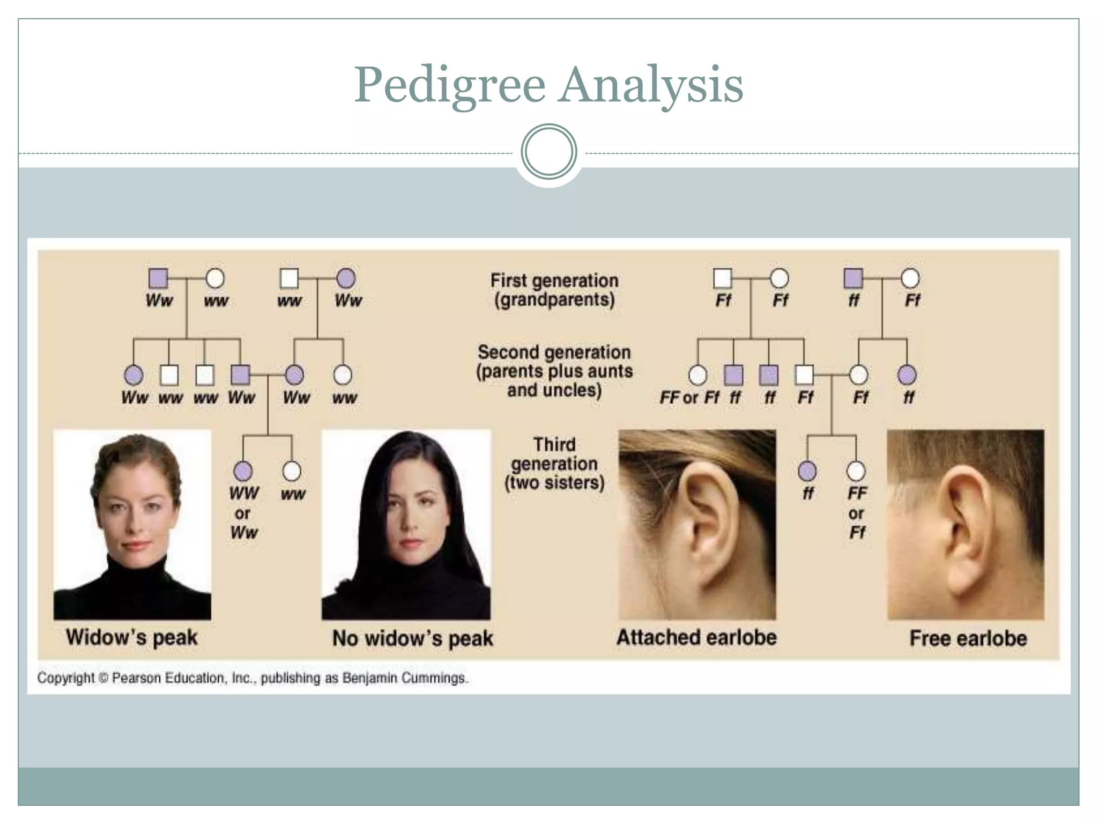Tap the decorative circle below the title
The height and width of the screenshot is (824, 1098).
click(548, 152)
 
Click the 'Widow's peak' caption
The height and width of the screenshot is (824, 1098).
click(132, 637)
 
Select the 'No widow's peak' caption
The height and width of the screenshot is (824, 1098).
click(412, 638)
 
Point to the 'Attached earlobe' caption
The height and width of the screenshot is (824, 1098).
click(696, 637)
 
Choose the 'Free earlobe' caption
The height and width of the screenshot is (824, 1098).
click(968, 638)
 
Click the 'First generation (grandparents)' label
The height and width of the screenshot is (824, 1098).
click(554, 290)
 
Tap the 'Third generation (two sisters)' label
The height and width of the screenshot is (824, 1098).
click(554, 464)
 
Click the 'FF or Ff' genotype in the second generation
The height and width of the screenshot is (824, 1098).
click(689, 398)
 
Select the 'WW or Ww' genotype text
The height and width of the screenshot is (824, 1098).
click(244, 513)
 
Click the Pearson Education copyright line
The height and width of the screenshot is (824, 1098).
click(253, 678)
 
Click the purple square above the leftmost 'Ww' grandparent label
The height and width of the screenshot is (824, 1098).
click(158, 278)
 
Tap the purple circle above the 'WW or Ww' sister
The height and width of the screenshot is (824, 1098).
click(243, 471)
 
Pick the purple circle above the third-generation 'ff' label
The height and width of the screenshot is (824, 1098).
click(807, 471)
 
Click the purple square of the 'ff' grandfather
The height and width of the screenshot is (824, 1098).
click(854, 278)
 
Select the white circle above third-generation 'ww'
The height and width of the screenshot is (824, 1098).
click(292, 471)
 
